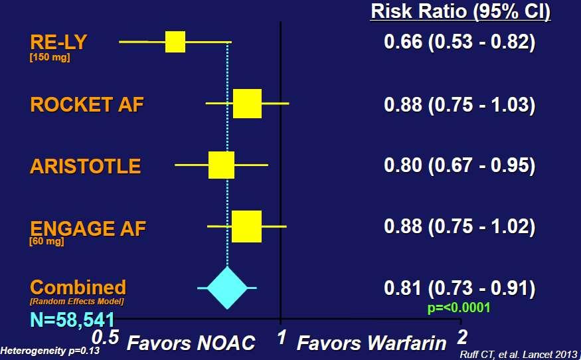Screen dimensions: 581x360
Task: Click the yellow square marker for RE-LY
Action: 175,42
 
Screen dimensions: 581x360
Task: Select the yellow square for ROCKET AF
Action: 247,104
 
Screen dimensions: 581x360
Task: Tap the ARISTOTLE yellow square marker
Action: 221,165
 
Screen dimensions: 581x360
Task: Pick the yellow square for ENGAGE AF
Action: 246,226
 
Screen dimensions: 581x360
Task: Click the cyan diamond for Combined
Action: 227,288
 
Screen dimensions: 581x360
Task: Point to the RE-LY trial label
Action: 58,42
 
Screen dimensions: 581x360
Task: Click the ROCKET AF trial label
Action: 87,104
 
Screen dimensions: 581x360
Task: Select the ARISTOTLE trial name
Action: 85,166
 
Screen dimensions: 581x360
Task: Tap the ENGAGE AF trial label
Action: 88,228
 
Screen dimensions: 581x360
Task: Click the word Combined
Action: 78,288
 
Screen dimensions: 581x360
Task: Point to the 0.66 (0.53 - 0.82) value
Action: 459,42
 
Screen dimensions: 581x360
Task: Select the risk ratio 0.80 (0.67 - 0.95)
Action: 459,165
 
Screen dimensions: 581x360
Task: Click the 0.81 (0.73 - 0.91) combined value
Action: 459,288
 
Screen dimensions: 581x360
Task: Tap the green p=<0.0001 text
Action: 459,308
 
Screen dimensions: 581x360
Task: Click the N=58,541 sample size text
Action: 72,320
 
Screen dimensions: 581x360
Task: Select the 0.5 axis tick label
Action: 105,337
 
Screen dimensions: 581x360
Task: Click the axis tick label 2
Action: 461,337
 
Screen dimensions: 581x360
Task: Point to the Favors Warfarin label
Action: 372,343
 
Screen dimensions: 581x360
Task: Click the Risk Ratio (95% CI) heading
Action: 461,11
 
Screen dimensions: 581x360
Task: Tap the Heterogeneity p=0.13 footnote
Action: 50,350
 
